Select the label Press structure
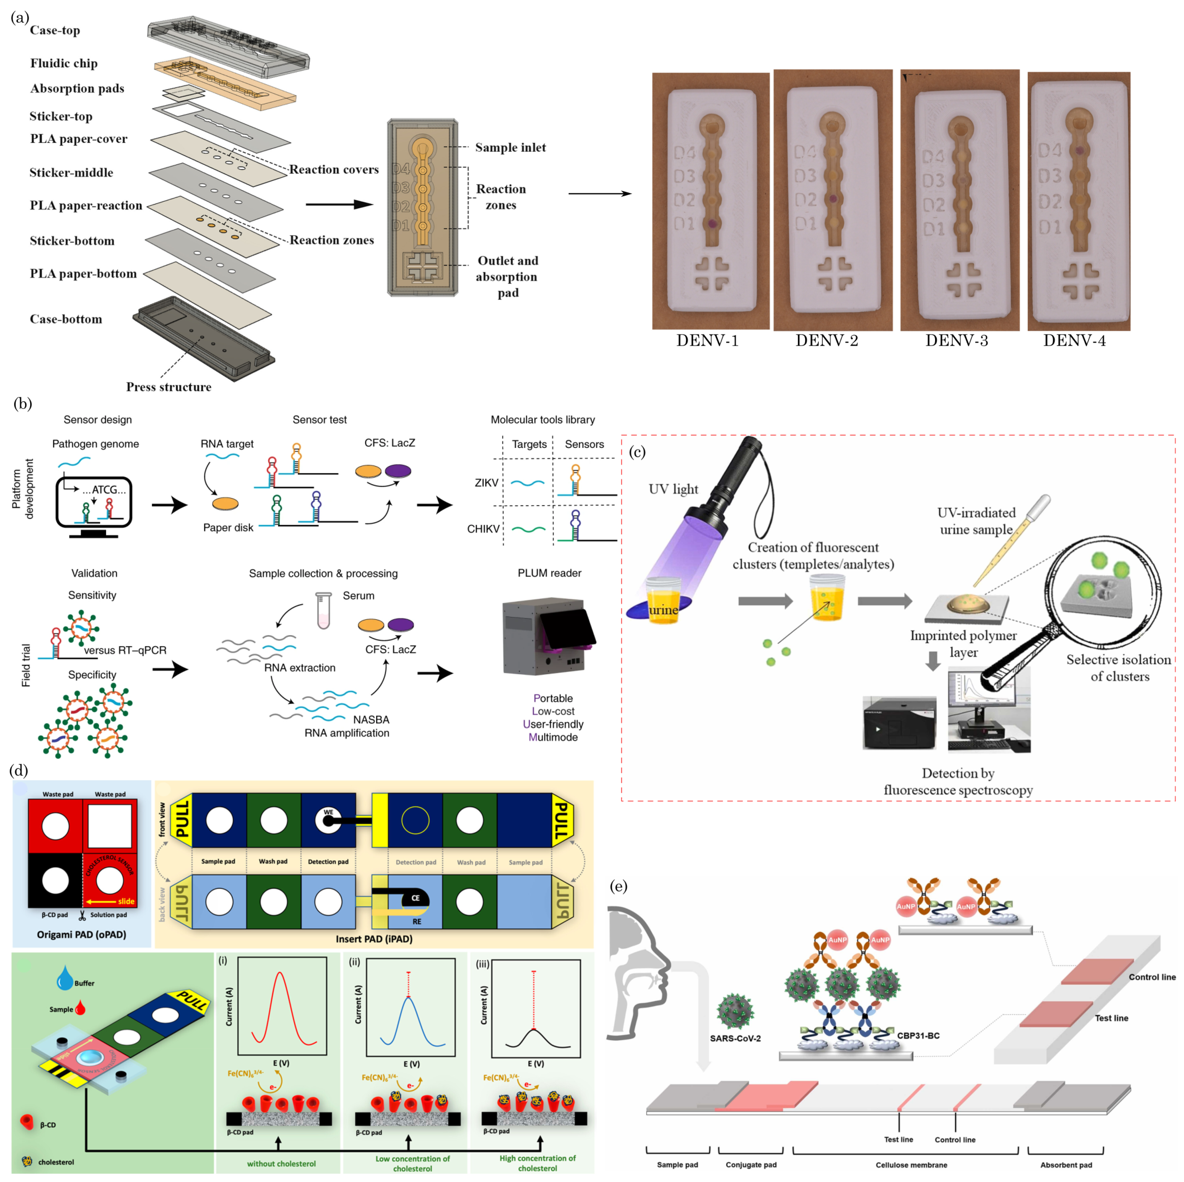[169, 387]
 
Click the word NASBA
[371, 720]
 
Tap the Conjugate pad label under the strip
[751, 1164]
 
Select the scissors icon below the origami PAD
[81, 915]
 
